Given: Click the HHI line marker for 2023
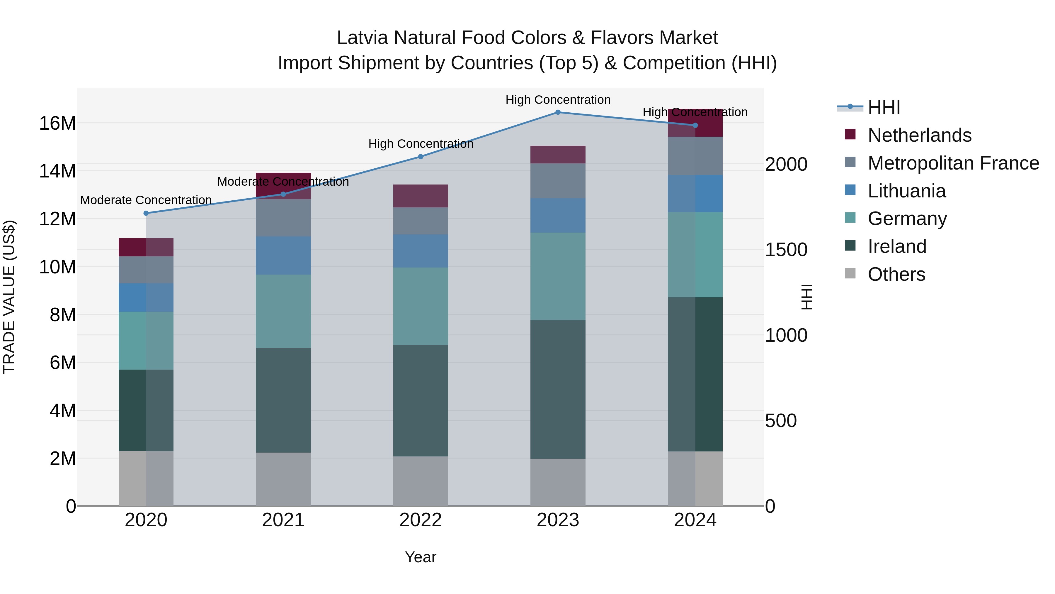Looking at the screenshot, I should click(558, 112).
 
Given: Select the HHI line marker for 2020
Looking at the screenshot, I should click(146, 213).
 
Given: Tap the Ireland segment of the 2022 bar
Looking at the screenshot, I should click(421, 400).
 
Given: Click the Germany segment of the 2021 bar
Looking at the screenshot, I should click(283, 311).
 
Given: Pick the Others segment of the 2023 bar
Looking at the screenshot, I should click(558, 482).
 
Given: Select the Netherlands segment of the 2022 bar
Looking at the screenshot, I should click(421, 196).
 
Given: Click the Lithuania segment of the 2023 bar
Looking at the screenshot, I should click(558, 216).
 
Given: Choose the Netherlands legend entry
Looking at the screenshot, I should click(919, 135).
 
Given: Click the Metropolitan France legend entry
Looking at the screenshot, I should click(953, 163).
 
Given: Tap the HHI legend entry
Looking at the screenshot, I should click(884, 107).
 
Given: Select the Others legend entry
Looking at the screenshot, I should click(896, 274).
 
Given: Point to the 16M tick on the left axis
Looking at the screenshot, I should click(57, 123).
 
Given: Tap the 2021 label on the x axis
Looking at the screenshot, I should click(283, 520).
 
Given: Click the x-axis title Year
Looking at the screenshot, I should click(421, 557).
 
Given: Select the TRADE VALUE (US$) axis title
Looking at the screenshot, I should click(9, 297).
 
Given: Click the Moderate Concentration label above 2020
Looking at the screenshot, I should click(146, 200).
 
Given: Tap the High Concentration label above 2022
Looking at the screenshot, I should click(421, 144).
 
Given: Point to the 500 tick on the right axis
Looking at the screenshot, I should click(781, 421).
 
